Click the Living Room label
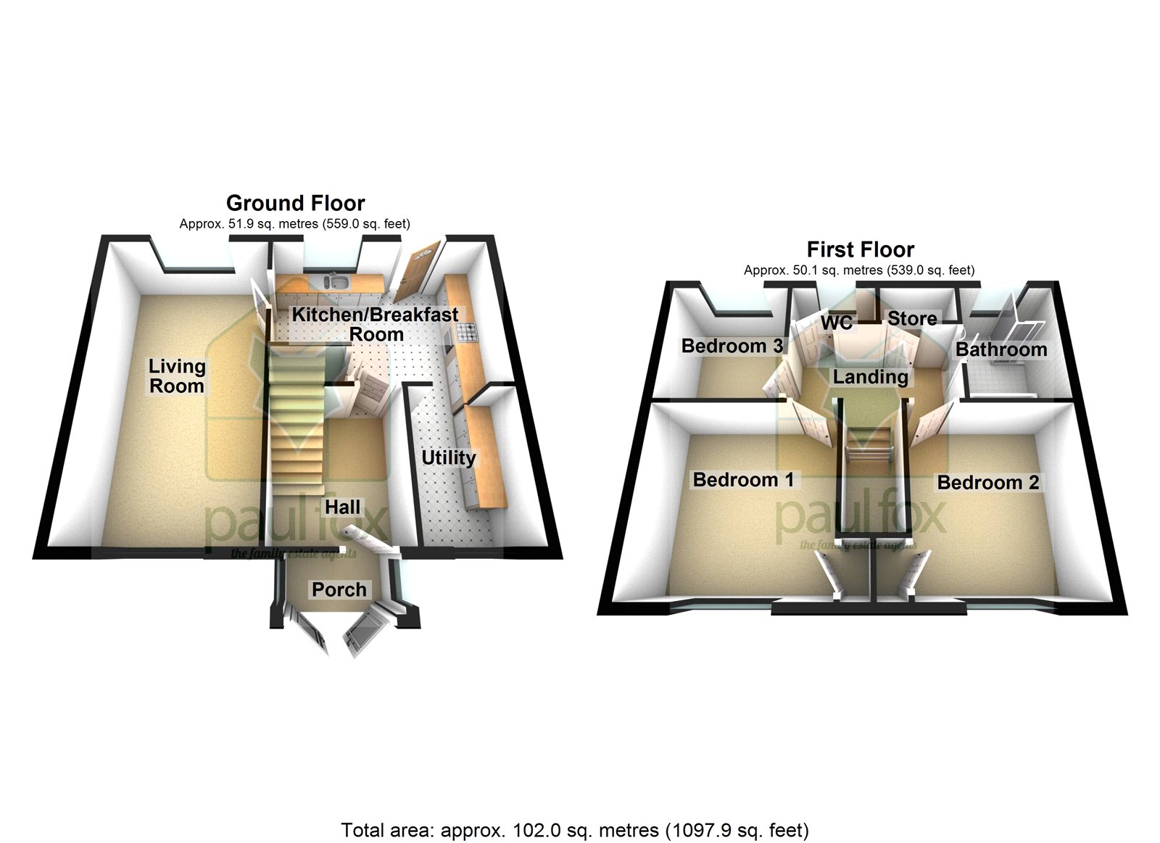(x=177, y=376)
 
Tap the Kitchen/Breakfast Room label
(x=375, y=324)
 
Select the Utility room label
(x=449, y=457)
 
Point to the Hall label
(x=342, y=507)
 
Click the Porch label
(x=339, y=589)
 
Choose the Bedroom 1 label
(x=743, y=479)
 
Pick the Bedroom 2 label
(x=987, y=482)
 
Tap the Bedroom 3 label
(x=732, y=346)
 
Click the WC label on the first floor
(x=837, y=322)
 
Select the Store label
(x=912, y=318)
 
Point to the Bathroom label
(x=1000, y=349)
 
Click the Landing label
(x=870, y=377)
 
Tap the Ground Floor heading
(x=295, y=203)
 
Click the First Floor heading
(x=860, y=249)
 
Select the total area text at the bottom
(x=575, y=829)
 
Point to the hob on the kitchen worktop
(x=465, y=333)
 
